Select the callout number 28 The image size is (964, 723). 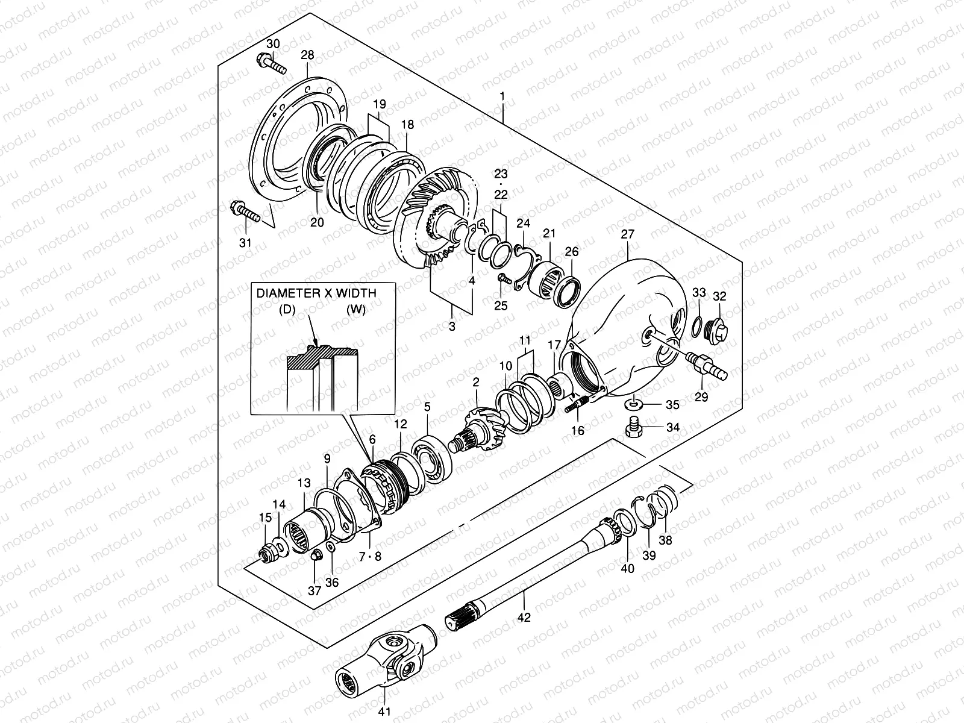307,55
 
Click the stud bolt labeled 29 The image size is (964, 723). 706,366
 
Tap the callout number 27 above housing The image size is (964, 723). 628,234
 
